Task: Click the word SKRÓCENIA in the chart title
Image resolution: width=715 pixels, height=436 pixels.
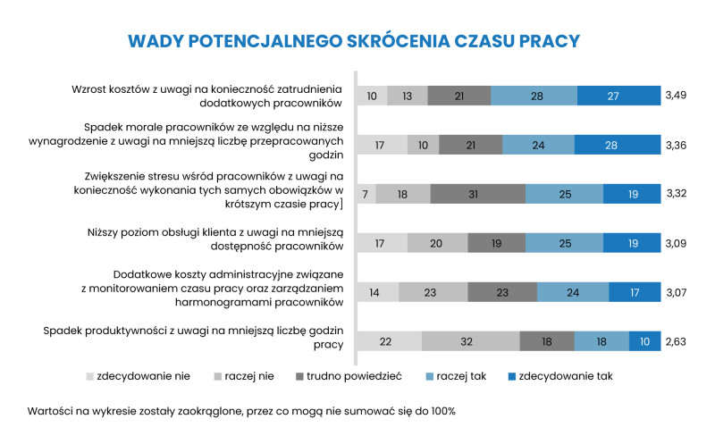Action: (398, 41)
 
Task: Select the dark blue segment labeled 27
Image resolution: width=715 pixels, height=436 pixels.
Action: (618, 96)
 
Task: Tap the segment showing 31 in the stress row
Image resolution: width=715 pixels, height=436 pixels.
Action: (478, 194)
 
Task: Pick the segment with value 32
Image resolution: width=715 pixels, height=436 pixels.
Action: (471, 341)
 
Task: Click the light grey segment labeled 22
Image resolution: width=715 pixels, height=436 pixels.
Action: (390, 341)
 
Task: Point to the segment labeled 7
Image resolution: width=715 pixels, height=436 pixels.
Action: (366, 194)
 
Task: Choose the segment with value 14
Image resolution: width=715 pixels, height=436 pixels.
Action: (377, 292)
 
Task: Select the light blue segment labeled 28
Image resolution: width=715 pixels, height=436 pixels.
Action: (534, 96)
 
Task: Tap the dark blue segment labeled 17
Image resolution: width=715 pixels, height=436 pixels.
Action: (635, 292)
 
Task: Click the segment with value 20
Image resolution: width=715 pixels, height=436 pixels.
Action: (438, 244)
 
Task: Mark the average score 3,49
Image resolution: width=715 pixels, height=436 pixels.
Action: (676, 96)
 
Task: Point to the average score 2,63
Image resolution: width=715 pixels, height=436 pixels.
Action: (676, 341)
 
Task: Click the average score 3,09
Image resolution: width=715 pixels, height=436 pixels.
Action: (676, 244)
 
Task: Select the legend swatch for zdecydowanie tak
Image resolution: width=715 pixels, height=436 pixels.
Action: (511, 377)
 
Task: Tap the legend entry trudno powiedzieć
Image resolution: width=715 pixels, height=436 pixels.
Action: (349, 376)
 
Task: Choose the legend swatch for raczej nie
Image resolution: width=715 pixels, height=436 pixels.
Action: (217, 377)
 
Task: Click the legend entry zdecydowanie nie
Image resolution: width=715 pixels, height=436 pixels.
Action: (138, 376)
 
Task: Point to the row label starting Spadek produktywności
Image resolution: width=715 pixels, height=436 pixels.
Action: (193, 338)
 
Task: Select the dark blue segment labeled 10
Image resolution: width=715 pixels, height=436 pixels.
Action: (644, 341)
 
